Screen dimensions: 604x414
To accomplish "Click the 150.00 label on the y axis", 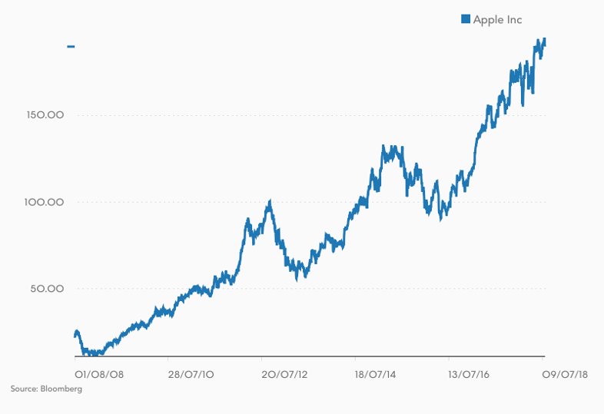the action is (x=45, y=115).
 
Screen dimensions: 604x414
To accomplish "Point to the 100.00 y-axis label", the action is (x=44, y=202).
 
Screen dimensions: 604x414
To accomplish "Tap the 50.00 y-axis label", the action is (x=47, y=289).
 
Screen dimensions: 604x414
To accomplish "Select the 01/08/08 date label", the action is (x=99, y=374).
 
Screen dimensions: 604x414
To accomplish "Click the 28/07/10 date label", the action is (x=191, y=374).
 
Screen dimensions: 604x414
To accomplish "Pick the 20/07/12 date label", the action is (x=284, y=374).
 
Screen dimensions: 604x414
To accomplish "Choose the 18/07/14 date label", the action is (x=375, y=374).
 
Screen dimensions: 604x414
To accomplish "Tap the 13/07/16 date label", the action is (x=469, y=374).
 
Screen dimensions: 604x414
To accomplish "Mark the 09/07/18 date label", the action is (x=565, y=374).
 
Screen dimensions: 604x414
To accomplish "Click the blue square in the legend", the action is (x=466, y=19).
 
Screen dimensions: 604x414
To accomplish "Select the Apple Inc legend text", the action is (x=498, y=20).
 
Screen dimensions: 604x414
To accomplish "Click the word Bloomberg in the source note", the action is (x=61, y=389).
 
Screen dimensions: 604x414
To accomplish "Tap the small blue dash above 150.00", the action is (x=71, y=47).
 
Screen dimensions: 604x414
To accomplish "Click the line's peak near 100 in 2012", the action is (x=270, y=201).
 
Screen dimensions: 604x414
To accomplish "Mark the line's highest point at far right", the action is (x=544, y=38).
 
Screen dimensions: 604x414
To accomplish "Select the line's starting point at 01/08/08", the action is (x=75, y=336).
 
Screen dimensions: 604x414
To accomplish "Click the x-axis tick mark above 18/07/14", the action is (x=355, y=359).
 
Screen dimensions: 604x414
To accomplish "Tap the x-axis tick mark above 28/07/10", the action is (x=168, y=359).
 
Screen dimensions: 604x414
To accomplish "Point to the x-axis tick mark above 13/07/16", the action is (x=449, y=359).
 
